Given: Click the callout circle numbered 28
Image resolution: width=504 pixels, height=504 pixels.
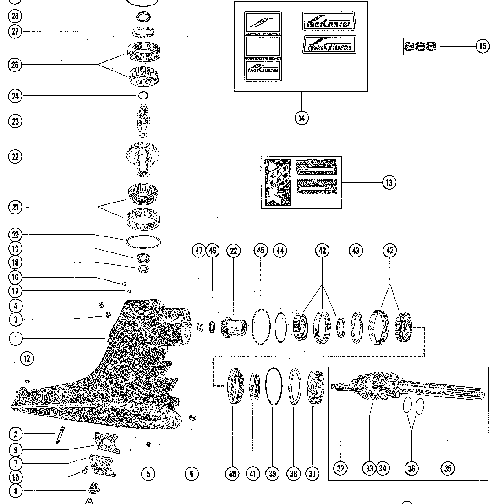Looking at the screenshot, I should (15, 16).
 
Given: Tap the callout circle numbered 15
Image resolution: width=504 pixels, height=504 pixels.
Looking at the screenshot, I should (482, 46).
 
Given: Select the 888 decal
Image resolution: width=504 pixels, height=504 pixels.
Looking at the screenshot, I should (420, 46).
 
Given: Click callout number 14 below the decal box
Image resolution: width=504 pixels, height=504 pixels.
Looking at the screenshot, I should (301, 118).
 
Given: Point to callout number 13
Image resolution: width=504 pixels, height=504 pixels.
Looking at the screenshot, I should (389, 182).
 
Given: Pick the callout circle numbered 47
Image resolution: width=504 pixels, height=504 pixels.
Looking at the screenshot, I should (199, 251).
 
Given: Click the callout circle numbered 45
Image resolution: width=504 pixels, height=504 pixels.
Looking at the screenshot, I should (261, 251).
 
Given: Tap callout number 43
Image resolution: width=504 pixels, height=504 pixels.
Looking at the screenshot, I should (356, 251).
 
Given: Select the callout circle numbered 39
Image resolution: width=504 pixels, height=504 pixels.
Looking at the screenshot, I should (273, 474).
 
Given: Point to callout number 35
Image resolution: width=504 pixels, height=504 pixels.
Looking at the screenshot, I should (448, 468).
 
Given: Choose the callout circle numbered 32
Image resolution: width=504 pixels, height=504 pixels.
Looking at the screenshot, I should (340, 468).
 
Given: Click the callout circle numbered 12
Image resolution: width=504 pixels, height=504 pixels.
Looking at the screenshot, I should (27, 359).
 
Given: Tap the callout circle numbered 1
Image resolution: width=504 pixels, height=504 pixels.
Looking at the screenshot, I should (15, 339).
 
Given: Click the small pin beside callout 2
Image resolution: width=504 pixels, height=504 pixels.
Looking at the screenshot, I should (59, 435).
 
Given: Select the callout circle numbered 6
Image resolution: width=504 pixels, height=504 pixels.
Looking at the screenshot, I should (192, 474).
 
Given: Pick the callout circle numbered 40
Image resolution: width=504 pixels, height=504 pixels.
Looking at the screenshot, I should (233, 474).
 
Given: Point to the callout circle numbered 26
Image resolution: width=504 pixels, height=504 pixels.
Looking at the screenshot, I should (15, 65).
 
